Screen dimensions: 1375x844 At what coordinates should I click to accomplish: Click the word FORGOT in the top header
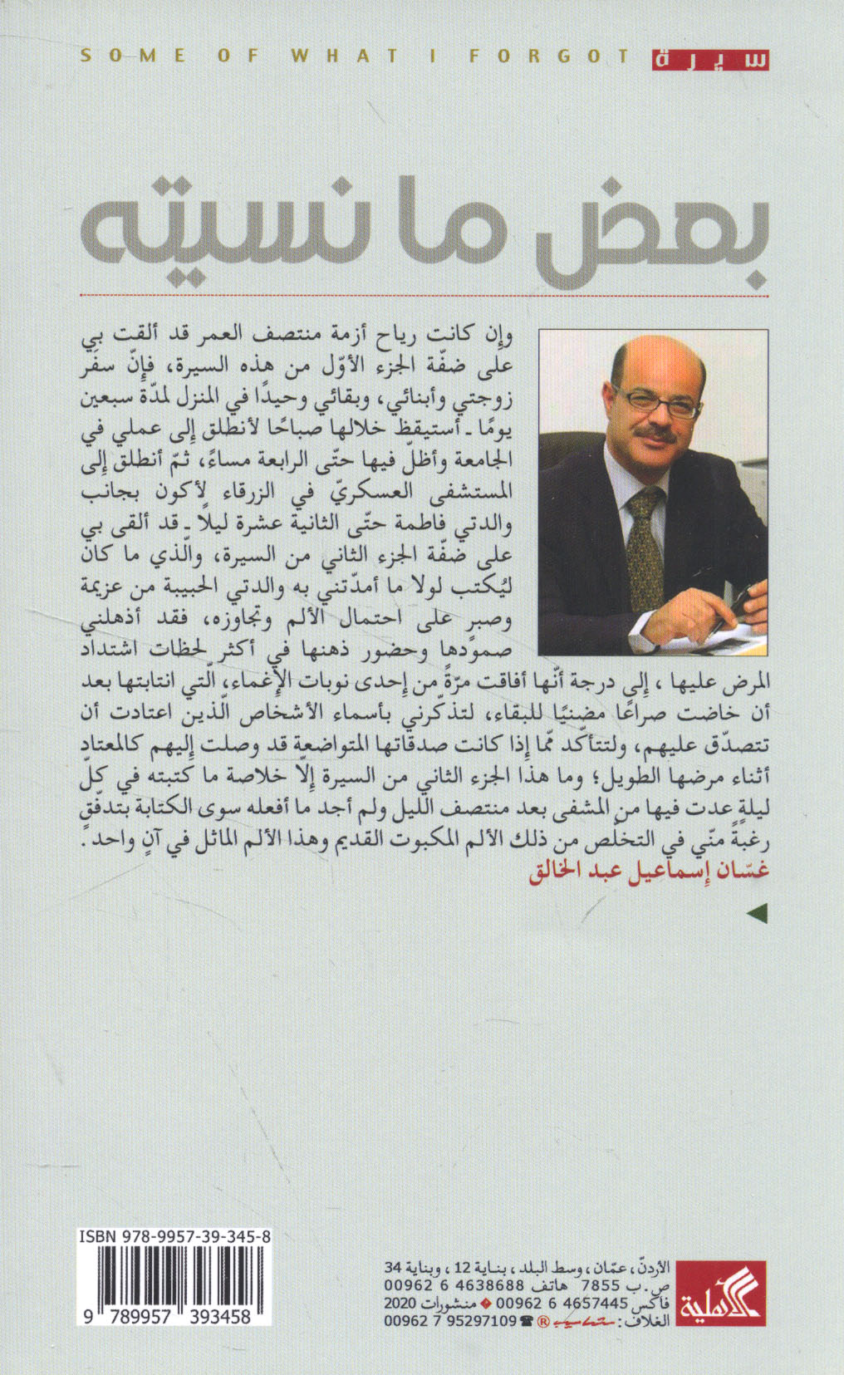point(548,56)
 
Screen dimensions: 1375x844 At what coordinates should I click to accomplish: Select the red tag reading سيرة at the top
point(710,59)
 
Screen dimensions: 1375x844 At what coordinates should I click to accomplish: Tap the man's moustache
point(654,433)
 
